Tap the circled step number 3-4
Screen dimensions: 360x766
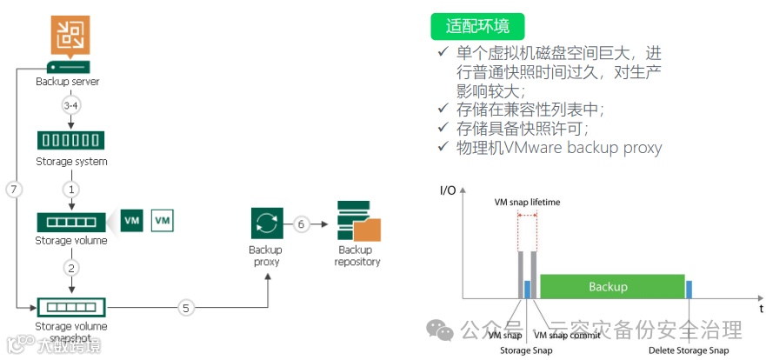70,105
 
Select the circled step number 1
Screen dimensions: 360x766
70,188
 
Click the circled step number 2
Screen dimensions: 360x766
70,267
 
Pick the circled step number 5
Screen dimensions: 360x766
185,307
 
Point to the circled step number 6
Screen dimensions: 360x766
301,223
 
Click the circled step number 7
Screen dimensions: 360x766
13,189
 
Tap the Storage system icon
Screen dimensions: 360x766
70,140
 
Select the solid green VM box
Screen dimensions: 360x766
132,221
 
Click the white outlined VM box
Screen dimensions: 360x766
163,221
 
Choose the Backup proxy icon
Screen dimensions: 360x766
265,223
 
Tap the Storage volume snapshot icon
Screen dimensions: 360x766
70,307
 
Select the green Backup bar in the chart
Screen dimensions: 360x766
608,286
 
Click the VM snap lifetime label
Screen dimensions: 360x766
527,203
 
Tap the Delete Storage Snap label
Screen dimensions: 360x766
689,350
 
